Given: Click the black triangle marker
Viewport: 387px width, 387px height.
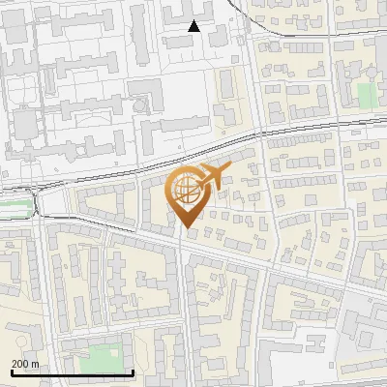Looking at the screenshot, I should tap(194, 26).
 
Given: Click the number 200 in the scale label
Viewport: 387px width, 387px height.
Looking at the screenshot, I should tap(20, 364).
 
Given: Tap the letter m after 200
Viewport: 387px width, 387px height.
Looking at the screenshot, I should tap(35, 364).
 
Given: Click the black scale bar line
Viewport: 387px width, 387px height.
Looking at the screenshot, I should tap(72, 372).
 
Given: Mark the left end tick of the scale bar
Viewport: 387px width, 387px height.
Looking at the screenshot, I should tap(12, 371).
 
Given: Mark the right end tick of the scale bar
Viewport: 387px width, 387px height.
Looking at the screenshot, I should tap(133, 371).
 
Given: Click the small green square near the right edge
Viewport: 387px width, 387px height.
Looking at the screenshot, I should tap(365, 94).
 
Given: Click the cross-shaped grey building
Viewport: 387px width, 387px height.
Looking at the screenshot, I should tap(145, 96).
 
